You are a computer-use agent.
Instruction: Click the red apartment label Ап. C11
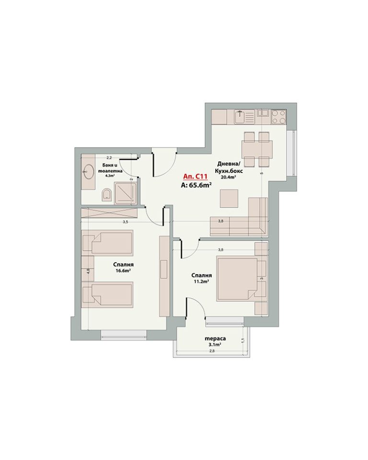point(195,177)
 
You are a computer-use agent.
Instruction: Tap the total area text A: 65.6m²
point(197,185)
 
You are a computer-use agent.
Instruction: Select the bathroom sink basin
point(88,170)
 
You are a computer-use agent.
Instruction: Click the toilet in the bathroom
point(107,195)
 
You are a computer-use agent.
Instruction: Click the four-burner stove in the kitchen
point(278,116)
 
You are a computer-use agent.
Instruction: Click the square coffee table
point(229,198)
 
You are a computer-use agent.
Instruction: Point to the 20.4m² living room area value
point(229,177)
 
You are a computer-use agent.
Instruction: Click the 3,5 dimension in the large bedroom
point(126,222)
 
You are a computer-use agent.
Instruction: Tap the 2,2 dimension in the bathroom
point(109,158)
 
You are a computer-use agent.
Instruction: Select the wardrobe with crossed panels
point(109,213)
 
